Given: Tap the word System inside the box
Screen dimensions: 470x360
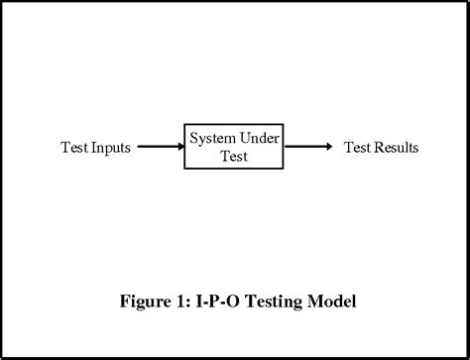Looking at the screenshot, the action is (211, 137).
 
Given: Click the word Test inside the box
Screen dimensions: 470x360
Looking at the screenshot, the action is (235, 157).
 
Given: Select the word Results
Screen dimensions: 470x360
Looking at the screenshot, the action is (396, 148).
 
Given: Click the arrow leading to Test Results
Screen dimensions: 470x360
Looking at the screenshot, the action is (307, 147).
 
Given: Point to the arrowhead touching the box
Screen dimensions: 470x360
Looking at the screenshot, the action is (179, 147).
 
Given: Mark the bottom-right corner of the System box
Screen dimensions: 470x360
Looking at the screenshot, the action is (284, 168).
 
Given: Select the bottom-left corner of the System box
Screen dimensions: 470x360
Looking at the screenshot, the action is (185, 168).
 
